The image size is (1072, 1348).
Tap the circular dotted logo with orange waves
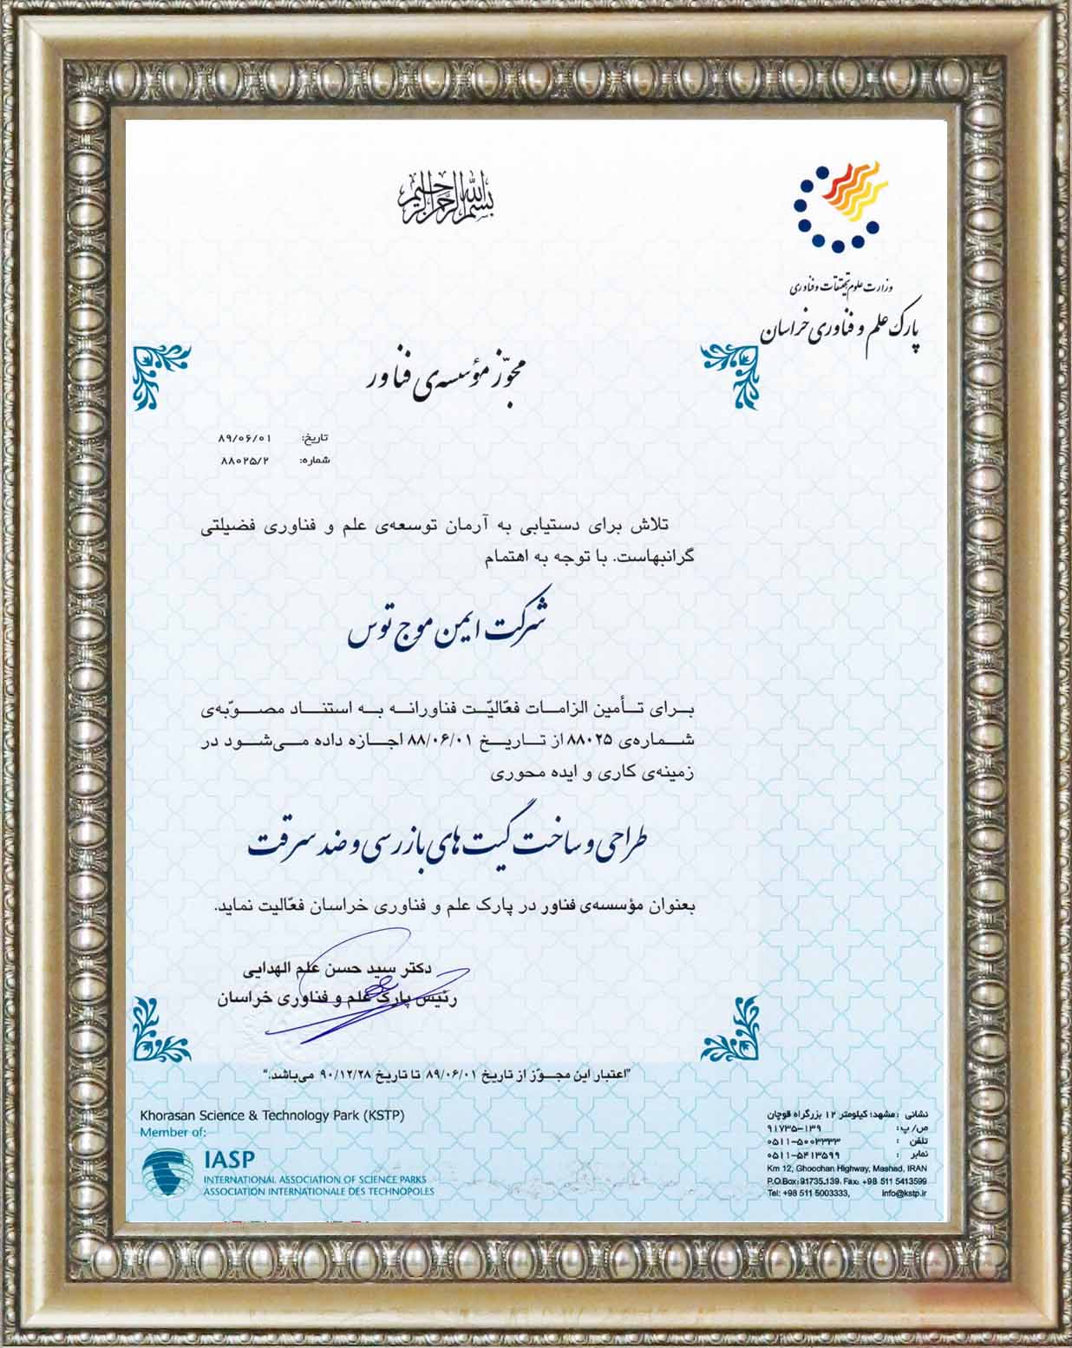(x=838, y=205)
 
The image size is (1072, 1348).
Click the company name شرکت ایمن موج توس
(x=447, y=631)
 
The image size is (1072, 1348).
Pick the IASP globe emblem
(x=168, y=1173)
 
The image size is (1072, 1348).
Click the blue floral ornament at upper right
(x=729, y=375)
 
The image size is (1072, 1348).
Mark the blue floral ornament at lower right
(x=729, y=1028)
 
